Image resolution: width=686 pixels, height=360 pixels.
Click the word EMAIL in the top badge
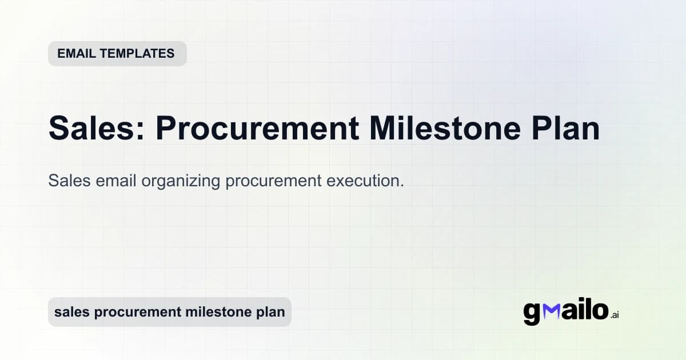tap(76, 54)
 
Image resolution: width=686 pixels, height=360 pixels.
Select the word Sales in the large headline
tap(91, 129)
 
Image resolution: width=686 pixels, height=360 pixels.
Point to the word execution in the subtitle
tap(365, 181)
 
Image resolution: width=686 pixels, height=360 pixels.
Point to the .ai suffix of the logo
tap(615, 315)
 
